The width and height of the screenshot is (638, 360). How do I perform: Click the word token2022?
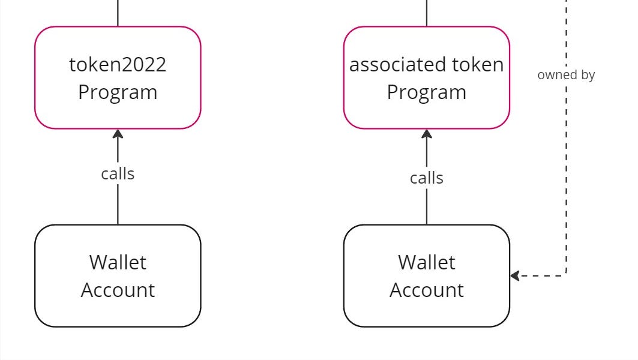click(x=118, y=64)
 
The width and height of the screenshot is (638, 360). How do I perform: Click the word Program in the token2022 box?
click(x=118, y=92)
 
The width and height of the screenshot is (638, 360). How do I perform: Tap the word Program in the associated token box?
click(x=426, y=92)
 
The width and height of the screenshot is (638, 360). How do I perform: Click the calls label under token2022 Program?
click(x=118, y=174)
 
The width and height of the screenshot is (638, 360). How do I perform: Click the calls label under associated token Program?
click(x=426, y=178)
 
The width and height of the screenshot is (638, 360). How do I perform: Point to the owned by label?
click(x=566, y=75)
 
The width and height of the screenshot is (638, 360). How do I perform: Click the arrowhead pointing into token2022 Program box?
click(x=118, y=134)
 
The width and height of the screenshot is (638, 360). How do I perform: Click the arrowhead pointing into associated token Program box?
click(x=426, y=134)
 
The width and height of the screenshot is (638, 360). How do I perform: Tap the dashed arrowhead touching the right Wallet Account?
click(x=514, y=276)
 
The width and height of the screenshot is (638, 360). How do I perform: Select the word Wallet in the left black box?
click(x=118, y=262)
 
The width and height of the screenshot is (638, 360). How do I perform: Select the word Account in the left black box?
click(x=118, y=290)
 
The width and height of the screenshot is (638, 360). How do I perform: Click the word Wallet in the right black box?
click(x=426, y=262)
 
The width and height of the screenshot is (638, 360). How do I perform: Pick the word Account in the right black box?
click(x=426, y=290)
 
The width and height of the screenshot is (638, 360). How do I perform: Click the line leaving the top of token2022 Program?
click(x=118, y=12)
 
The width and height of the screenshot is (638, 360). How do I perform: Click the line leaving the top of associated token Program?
click(x=426, y=12)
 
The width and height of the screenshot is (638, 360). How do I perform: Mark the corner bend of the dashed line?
click(x=565, y=275)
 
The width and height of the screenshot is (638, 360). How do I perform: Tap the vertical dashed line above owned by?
click(x=566, y=30)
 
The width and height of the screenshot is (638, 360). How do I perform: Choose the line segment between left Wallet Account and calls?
click(x=118, y=205)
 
